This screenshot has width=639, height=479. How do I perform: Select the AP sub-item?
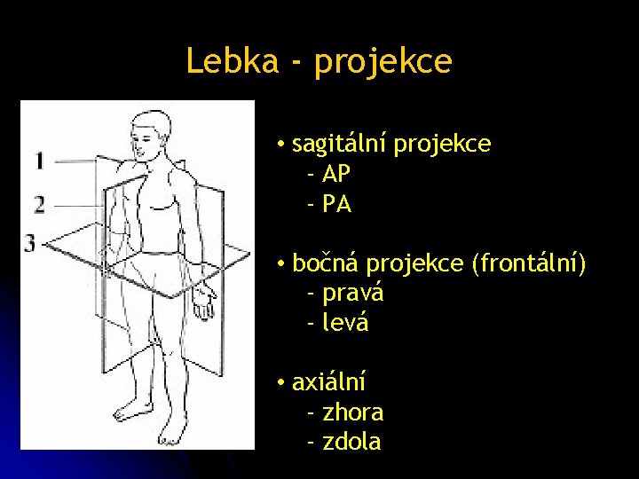(337, 175)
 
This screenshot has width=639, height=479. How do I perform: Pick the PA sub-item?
(337, 205)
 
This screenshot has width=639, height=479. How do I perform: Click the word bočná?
(326, 263)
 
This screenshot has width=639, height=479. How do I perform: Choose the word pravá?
(353, 294)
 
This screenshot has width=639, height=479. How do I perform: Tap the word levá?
(345, 323)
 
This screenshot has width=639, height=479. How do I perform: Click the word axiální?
(328, 382)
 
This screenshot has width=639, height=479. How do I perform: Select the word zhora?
(353, 412)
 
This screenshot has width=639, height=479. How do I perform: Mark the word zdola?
(352, 442)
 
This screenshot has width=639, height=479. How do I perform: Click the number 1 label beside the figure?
(40, 161)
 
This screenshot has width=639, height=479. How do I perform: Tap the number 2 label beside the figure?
(40, 206)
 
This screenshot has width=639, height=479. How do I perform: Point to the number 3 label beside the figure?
(31, 242)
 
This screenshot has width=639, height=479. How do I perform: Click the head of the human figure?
(149, 130)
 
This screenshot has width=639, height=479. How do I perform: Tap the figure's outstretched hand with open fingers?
(203, 302)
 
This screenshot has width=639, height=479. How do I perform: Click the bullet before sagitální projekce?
(280, 145)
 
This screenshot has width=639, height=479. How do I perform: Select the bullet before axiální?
(280, 382)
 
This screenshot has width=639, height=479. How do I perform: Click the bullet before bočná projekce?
(280, 263)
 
